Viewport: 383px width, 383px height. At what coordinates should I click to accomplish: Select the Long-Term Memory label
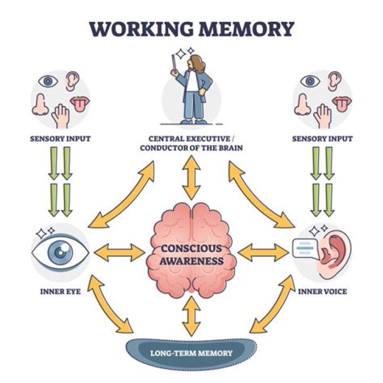(x=191, y=352)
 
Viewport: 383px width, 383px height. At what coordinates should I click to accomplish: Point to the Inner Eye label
(x=60, y=292)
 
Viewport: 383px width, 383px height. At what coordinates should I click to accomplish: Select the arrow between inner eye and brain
(x=119, y=252)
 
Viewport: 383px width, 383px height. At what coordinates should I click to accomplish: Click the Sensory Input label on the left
(x=60, y=139)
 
